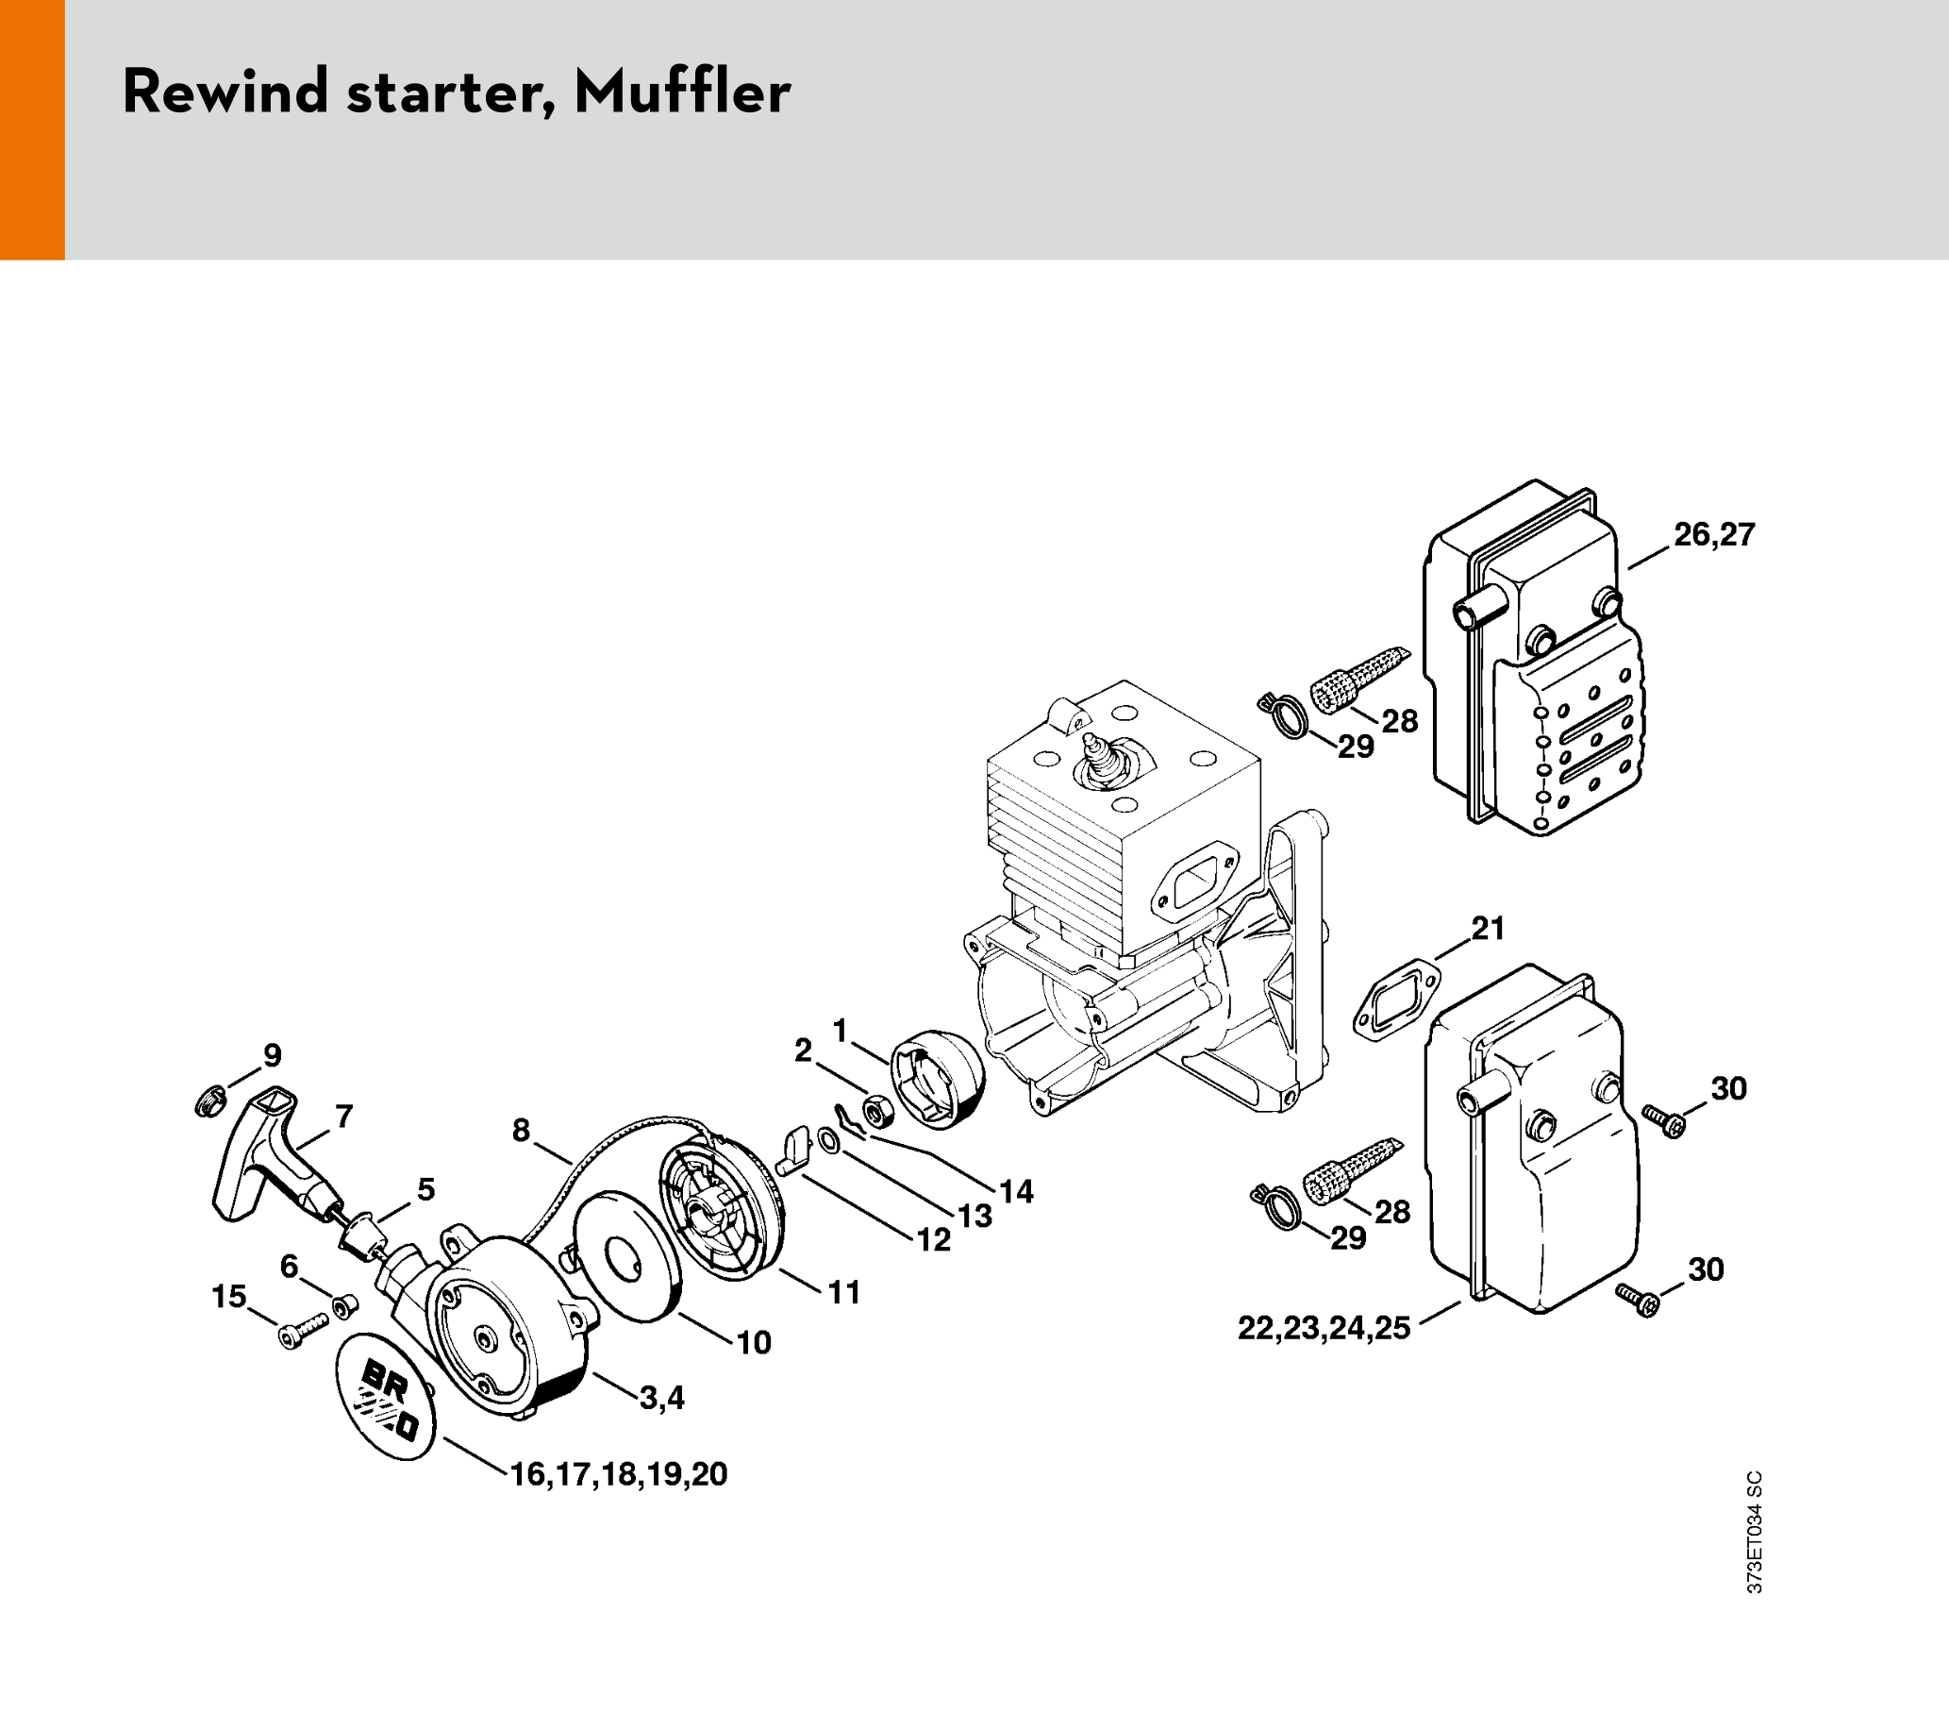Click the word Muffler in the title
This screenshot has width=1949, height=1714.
coord(682,92)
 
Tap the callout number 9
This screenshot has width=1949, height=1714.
coord(273,1056)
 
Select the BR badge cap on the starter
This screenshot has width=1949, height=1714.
coord(385,1396)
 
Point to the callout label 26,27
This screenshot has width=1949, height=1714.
coord(1713,535)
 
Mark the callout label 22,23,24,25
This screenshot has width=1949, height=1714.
coord(1324,1328)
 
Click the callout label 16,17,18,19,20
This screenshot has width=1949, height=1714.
coord(619,1474)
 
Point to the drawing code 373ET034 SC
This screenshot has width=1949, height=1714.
coord(1755,1533)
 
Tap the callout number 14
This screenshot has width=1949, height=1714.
coord(1016,1191)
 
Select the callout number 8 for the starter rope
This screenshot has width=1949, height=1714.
coord(521,1131)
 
